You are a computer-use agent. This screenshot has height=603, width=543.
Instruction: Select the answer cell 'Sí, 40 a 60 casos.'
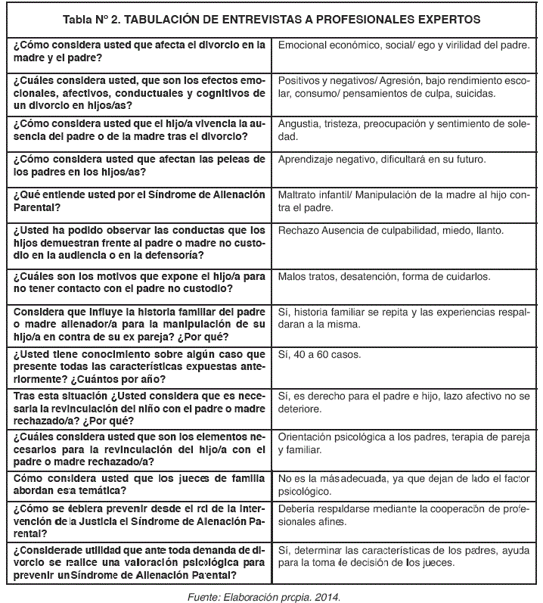[320, 355]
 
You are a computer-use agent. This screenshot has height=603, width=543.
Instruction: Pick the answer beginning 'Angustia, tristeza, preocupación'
[405, 130]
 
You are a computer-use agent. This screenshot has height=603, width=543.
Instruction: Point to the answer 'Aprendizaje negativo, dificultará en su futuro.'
[382, 160]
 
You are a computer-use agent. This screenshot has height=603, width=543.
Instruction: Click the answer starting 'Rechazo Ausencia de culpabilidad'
[391, 230]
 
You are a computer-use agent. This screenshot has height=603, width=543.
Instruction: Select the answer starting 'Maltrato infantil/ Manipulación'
[405, 200]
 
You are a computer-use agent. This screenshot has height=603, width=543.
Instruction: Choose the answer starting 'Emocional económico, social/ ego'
[404, 45]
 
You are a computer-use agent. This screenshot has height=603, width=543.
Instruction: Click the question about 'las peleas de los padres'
[140, 166]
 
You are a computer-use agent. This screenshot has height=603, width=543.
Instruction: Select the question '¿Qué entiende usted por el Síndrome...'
[140, 200]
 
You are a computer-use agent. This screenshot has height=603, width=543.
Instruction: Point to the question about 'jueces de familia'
[140, 483]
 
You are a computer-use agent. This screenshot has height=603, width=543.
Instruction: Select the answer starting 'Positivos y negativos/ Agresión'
[405, 86]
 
